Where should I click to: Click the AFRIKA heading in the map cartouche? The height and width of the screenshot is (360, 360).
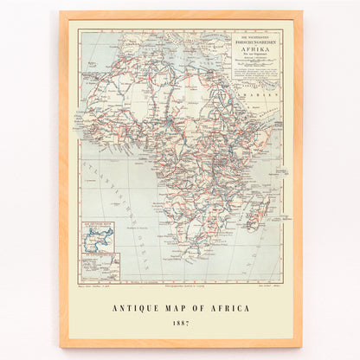260,49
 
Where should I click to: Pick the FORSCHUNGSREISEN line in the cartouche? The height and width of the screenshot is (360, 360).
260,42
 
